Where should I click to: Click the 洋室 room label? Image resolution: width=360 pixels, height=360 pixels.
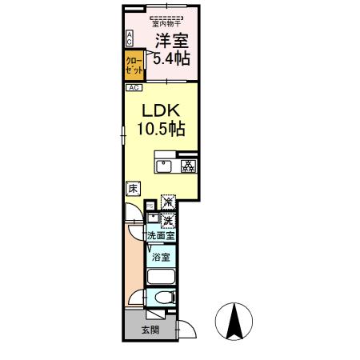(172, 41)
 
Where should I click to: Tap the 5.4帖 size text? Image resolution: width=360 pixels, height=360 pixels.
(171, 58)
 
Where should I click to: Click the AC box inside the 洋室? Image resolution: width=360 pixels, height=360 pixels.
(130, 38)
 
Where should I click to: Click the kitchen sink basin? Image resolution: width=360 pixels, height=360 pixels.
(162, 167)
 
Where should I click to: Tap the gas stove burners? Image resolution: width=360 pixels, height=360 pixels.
(189, 167)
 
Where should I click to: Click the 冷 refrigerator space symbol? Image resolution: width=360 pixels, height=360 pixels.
(169, 202)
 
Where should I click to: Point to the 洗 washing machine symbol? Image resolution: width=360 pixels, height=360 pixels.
(169, 219)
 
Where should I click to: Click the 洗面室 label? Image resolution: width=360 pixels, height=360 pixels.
(161, 236)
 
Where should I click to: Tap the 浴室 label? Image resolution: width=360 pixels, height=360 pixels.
(161, 258)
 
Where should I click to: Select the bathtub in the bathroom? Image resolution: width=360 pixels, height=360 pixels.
(161, 277)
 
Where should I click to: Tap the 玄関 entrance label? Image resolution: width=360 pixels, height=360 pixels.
(150, 330)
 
